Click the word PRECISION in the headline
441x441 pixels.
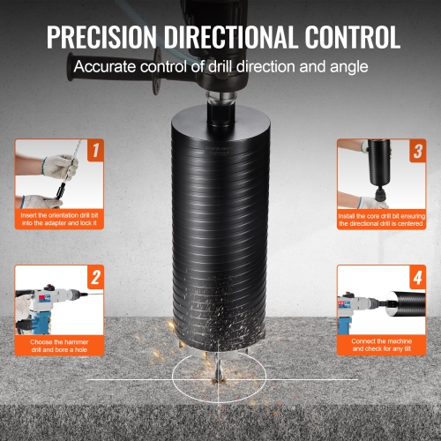click(x=99, y=37)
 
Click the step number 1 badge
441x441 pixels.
click(x=95, y=151)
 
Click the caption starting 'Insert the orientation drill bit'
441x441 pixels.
click(x=60, y=219)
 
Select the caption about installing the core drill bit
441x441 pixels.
click(x=381, y=219)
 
